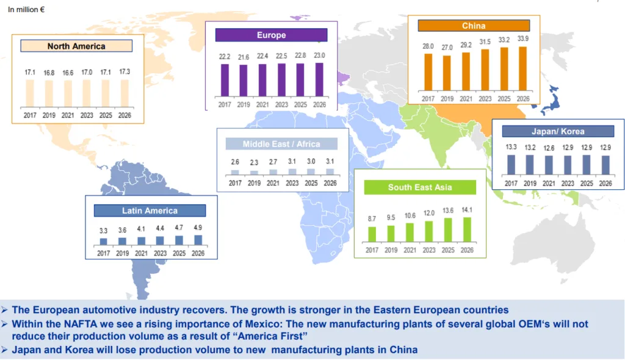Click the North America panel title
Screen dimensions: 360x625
(x=76, y=46)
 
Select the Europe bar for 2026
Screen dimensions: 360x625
(x=319, y=80)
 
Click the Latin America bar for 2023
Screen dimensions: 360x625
(x=160, y=240)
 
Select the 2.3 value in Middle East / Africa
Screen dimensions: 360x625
(x=254, y=163)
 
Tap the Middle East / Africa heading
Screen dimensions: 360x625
(x=281, y=144)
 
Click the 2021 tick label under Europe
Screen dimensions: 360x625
(x=262, y=104)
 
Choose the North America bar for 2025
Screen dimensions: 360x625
(x=106, y=93)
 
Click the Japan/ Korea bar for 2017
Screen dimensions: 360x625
(x=511, y=165)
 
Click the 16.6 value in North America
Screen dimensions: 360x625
(x=68, y=72)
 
